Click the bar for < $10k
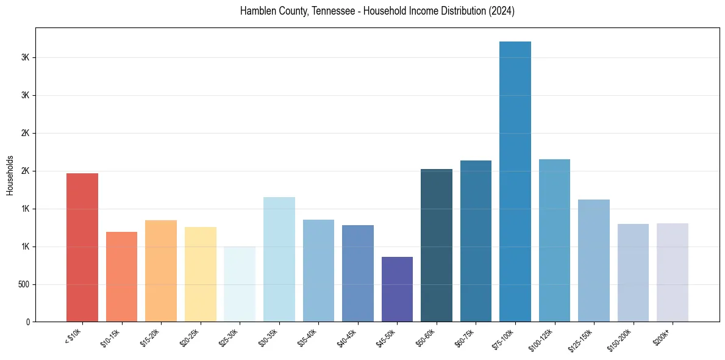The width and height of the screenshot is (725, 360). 82,247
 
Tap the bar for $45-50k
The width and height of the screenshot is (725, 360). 397,289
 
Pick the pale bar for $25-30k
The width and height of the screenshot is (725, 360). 240,284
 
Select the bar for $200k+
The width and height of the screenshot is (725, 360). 673,272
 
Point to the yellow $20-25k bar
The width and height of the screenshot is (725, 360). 201,274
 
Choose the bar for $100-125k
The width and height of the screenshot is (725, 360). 554,240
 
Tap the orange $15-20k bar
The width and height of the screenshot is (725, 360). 161,271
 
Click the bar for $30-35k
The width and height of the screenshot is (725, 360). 279,259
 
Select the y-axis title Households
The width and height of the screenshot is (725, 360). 10,175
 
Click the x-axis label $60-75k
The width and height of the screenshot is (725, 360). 464,339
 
